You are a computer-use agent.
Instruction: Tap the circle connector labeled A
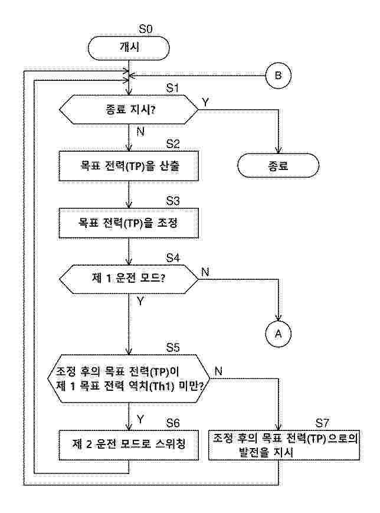coord(279,334)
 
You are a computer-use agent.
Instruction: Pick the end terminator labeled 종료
coord(278,166)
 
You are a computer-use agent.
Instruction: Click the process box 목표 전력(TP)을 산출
coord(129,166)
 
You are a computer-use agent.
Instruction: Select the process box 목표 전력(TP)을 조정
coord(129,222)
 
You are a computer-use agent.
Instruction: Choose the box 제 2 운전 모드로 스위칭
coord(129,444)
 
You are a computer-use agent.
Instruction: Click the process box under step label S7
coord(286,445)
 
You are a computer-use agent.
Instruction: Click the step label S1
coord(172,88)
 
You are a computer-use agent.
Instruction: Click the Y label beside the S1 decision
coord(205,102)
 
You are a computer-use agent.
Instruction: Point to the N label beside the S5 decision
coord(218,371)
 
